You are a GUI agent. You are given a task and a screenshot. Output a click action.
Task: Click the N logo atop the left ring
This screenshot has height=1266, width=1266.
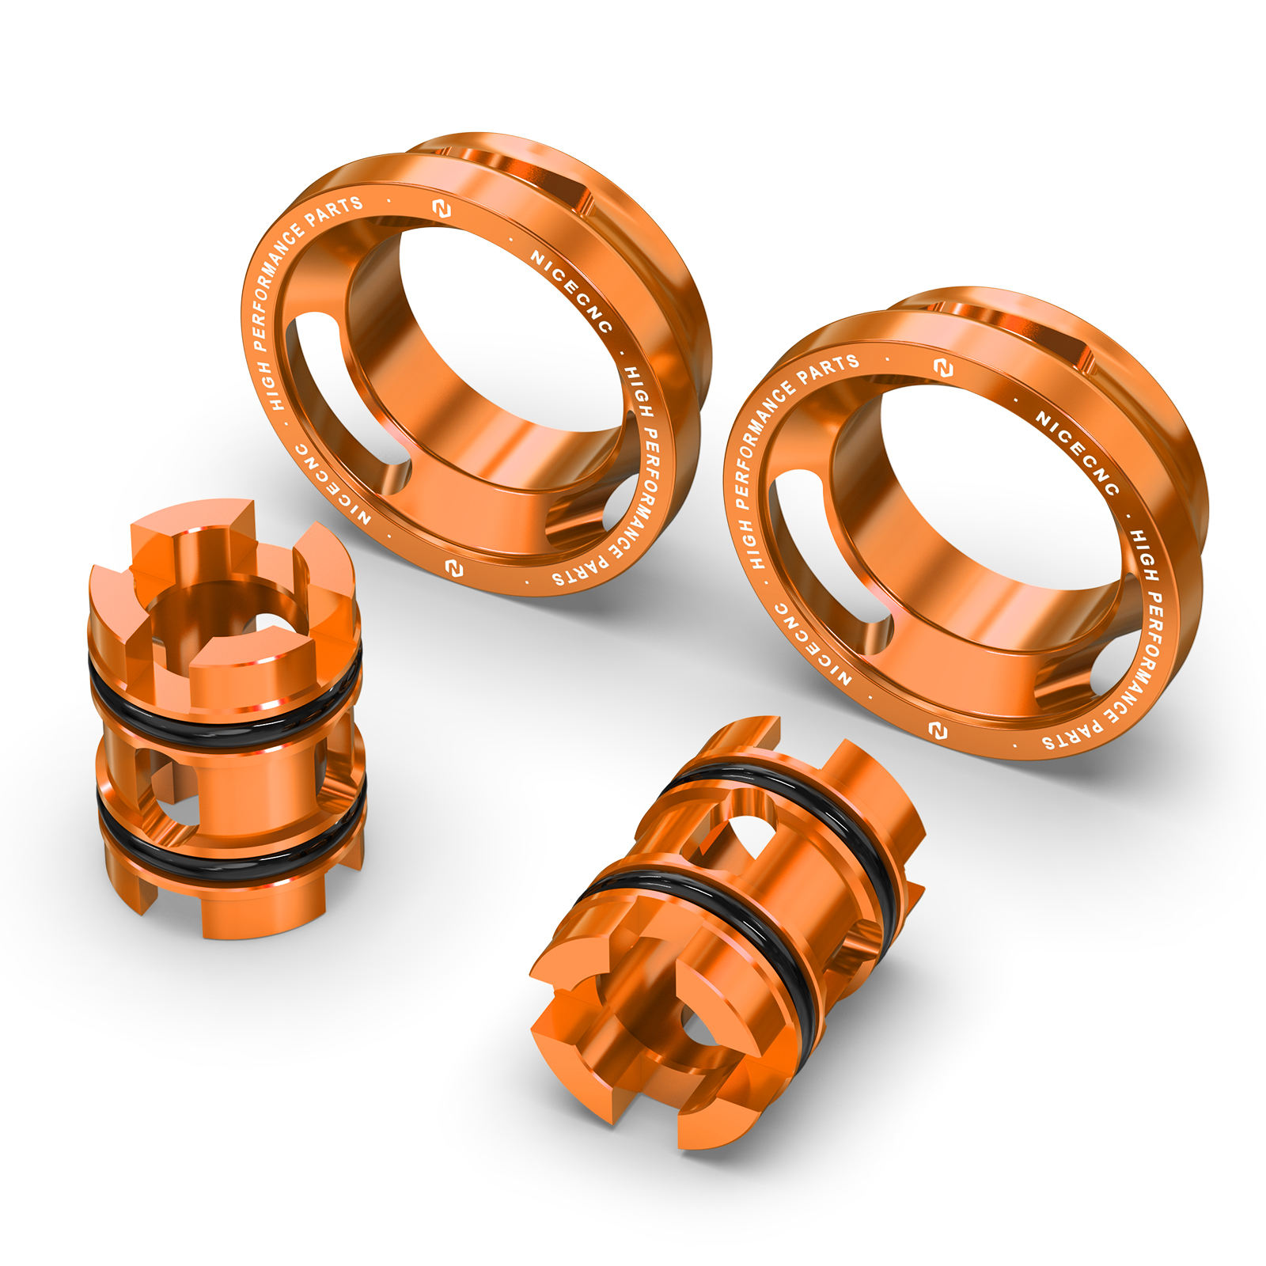click(442, 209)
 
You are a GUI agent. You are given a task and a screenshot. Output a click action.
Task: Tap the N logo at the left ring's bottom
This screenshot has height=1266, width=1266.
click(453, 568)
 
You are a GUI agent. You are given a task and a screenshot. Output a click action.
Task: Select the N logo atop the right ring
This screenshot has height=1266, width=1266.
click(942, 368)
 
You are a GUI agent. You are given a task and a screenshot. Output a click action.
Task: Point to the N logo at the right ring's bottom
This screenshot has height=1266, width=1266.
click(938, 730)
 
